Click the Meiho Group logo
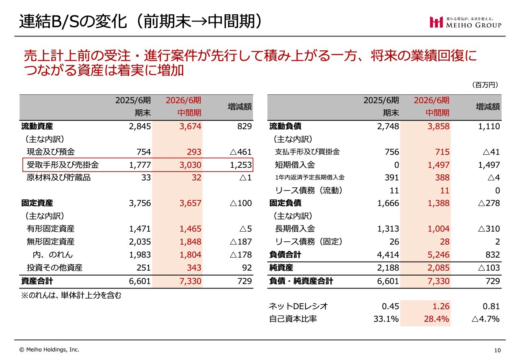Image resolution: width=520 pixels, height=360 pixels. click(x=466, y=22)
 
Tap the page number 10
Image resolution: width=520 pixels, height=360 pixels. click(x=497, y=350)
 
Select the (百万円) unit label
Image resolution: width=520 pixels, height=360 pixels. click(x=485, y=85)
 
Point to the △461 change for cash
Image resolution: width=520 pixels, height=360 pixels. click(x=241, y=152)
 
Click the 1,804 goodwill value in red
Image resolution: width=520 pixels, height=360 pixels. click(x=190, y=255)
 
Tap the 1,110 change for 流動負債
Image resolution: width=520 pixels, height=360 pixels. click(x=488, y=126)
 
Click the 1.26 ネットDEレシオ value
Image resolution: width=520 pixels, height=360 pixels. click(x=441, y=306)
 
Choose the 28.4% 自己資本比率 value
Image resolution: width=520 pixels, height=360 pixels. click(x=437, y=319)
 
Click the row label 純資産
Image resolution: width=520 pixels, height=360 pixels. click(x=281, y=268)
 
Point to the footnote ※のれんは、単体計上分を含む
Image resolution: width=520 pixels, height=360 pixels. click(x=71, y=295)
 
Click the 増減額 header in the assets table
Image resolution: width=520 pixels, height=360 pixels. click(x=240, y=106)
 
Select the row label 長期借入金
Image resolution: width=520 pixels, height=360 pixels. click(x=295, y=229)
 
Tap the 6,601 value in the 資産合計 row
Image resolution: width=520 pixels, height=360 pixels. click(x=140, y=281)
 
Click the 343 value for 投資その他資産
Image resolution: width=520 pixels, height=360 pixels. click(x=194, y=268)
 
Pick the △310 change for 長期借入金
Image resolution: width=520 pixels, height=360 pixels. click(x=489, y=229)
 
